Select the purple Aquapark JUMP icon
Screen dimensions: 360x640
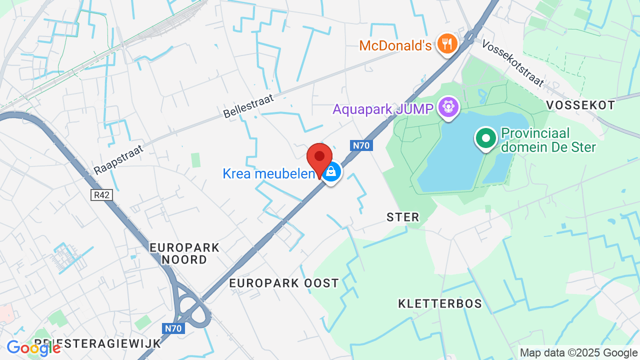448,107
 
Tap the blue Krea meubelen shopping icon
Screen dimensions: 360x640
330,172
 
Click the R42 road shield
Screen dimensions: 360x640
101,195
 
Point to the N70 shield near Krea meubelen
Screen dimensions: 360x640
360,145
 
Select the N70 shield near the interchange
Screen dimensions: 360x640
174,328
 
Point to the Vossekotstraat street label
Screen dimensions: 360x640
512,63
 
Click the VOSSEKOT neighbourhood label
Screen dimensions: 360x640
580,105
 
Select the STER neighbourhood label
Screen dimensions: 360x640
403,217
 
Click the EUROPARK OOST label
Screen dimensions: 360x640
284,283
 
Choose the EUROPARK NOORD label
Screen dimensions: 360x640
185,253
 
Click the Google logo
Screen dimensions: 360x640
33,348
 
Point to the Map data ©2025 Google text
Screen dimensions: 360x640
578,353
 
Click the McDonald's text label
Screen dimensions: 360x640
395,46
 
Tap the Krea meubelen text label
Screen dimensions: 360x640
269,173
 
